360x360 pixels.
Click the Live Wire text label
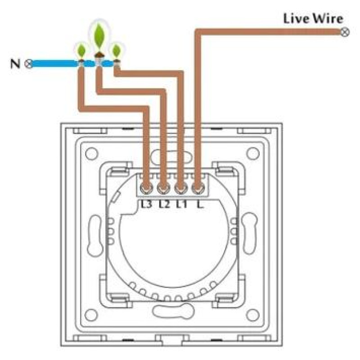pyautogui.click(x=313, y=19)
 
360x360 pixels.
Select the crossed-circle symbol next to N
pyautogui.click(x=28, y=63)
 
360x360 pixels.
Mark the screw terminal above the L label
pyautogui.click(x=197, y=188)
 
